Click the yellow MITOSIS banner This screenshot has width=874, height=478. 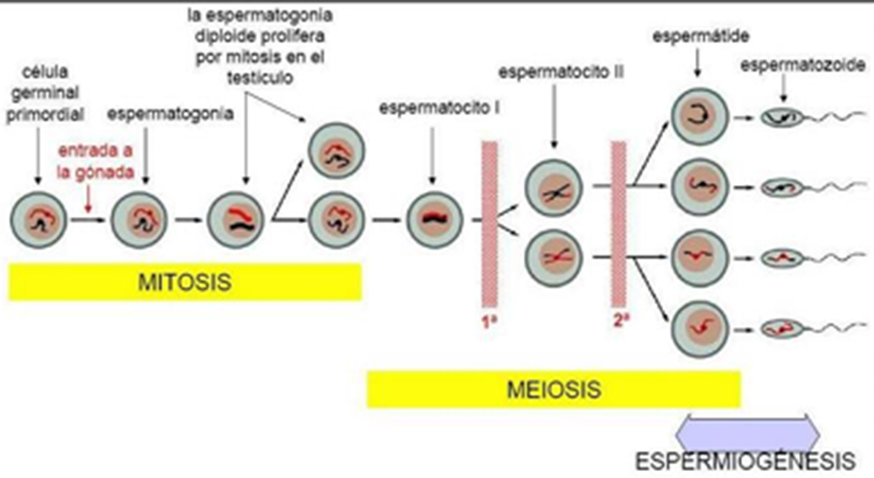(x=185, y=282)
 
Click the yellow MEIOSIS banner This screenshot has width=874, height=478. (x=553, y=387)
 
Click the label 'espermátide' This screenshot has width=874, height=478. (x=696, y=37)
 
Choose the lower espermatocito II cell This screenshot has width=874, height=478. (x=554, y=256)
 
